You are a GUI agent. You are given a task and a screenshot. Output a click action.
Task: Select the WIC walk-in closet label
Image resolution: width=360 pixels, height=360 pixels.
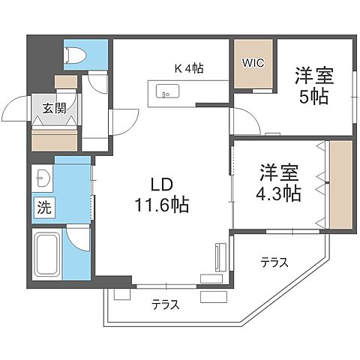(252, 63)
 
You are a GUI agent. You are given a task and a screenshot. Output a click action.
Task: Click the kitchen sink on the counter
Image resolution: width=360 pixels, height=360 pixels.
(166, 92)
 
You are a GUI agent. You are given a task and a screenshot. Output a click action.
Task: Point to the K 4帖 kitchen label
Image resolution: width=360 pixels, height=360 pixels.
(190, 68)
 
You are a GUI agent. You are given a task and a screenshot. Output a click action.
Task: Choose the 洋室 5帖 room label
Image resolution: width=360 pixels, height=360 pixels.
(313, 86)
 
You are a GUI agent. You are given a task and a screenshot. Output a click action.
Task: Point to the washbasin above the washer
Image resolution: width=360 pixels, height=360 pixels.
(41, 179)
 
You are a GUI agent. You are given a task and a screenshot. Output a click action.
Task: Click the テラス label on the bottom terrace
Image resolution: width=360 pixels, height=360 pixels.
(164, 304)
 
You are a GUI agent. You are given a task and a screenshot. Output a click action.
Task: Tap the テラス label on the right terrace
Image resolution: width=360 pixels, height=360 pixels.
(274, 262)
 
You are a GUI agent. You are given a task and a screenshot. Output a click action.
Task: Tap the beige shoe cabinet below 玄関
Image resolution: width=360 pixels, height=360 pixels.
(55, 139)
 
